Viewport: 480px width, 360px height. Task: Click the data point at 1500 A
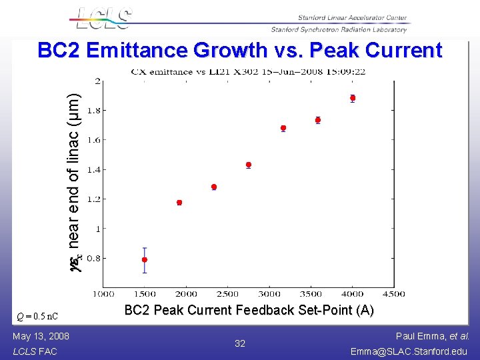coord(144,259)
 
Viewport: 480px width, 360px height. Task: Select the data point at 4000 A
coord(353,98)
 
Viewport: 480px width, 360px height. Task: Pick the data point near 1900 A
coord(179,202)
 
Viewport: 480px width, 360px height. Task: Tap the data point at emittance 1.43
coord(249,165)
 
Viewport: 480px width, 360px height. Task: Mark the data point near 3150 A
coord(283,128)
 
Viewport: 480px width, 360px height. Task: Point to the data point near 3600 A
coord(318,120)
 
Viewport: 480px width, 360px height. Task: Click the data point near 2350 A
coord(214,187)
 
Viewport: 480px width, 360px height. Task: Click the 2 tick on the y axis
coord(99,81)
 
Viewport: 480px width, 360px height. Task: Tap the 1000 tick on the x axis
coord(102,293)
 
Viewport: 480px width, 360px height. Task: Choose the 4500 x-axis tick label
coord(394,293)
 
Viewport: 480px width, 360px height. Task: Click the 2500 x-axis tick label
coord(227,293)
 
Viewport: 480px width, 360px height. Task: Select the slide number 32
coord(240,343)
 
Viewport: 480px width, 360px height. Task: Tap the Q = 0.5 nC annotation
coord(37,315)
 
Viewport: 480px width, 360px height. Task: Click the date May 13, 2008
coord(41,336)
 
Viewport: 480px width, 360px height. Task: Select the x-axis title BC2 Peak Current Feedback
coord(249,310)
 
